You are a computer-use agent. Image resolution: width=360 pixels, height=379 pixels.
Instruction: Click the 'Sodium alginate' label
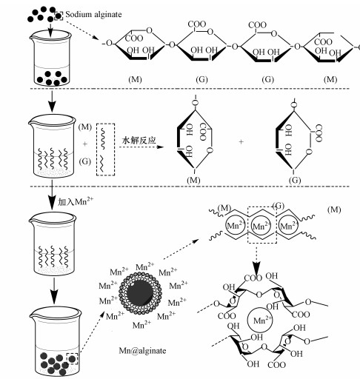pyautogui.click(x=93, y=15)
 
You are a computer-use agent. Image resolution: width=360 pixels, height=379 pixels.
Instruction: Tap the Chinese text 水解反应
pyautogui.click(x=139, y=140)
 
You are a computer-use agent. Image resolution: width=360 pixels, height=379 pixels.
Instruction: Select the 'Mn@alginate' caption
pyautogui.click(x=142, y=351)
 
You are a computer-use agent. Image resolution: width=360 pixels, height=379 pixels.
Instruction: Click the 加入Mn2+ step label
pyautogui.click(x=76, y=201)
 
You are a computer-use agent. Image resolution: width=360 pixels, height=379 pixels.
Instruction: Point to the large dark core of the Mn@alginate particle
pyautogui.click(x=140, y=292)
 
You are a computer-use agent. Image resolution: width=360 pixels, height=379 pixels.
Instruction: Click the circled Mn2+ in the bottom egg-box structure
pyautogui.click(x=259, y=320)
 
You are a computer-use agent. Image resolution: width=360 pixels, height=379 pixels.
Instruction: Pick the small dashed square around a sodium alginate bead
pyautogui.click(x=59, y=16)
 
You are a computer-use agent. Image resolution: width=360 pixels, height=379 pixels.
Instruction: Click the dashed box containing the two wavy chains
pyautogui.click(x=105, y=150)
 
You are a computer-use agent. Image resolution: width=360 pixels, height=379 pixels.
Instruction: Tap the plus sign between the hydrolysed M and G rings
pyautogui.click(x=241, y=142)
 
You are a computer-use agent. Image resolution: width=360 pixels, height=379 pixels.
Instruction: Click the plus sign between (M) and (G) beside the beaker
pyautogui.click(x=85, y=144)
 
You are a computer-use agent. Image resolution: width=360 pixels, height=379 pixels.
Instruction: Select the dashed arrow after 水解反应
pyautogui.click(x=141, y=147)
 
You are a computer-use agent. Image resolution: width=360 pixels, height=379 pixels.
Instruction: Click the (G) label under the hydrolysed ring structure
pyautogui.click(x=295, y=181)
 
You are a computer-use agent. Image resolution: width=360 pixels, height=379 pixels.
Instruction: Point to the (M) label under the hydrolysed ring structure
pyautogui.click(x=193, y=181)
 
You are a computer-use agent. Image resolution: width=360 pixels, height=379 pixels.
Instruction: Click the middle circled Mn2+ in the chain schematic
pyautogui.click(x=261, y=226)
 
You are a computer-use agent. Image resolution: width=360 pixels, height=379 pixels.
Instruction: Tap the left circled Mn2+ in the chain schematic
pyautogui.click(x=236, y=225)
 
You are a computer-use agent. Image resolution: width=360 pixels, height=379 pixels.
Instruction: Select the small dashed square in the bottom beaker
pyautogui.click(x=73, y=358)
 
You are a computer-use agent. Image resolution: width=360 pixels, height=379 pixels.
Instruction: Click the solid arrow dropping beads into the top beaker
pyautogui.click(x=50, y=30)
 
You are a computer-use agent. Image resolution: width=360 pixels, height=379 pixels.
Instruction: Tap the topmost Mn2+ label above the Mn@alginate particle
pyautogui.click(x=144, y=267)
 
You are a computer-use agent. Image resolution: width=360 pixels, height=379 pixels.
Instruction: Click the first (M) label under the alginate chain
pyautogui.click(x=135, y=79)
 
